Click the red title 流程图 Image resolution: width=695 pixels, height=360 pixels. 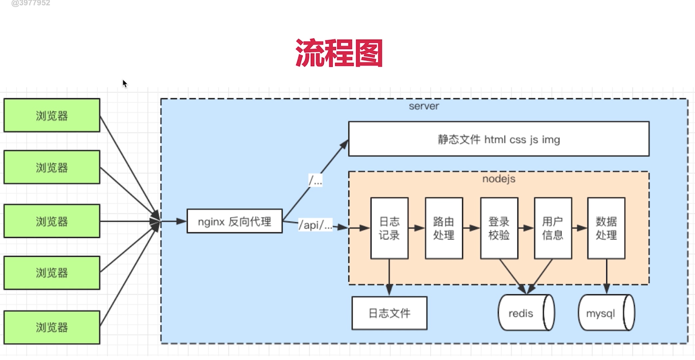click(339, 53)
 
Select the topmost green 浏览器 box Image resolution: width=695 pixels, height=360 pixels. click(52, 115)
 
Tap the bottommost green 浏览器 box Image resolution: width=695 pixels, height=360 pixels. click(52, 327)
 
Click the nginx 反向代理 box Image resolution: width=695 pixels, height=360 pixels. click(235, 221)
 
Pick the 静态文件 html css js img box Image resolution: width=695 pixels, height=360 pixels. click(499, 139)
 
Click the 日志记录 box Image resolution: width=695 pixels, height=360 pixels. click(389, 228)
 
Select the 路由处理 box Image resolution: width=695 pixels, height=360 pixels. click(444, 228)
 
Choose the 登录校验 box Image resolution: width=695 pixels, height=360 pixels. click(499, 228)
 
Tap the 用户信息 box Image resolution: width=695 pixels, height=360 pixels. click(553, 228)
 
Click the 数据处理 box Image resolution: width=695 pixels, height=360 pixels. click(606, 228)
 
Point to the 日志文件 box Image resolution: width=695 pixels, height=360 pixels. click(389, 313)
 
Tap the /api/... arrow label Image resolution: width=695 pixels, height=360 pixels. click(315, 225)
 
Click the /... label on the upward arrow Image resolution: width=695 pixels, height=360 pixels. click(315, 181)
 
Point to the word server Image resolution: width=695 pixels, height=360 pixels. click(424, 106)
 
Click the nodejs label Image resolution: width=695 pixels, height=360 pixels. click(499, 179)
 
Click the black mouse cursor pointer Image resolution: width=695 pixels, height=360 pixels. click(125, 83)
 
